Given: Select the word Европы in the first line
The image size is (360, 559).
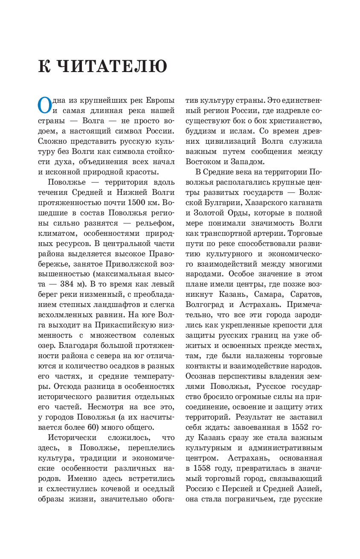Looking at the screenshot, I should click(160, 101).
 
